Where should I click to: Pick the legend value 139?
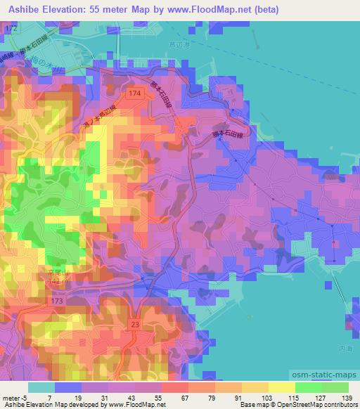pyautogui.click(x=347, y=397)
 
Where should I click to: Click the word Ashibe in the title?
pyautogui.click(x=23, y=10)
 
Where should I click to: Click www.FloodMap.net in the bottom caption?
pyautogui.click(x=136, y=405)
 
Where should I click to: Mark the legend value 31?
pyautogui.click(x=108, y=397)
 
